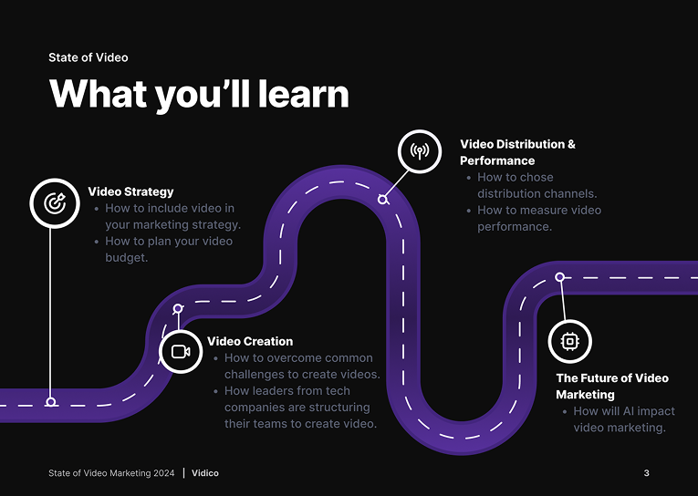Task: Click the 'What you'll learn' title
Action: (x=199, y=95)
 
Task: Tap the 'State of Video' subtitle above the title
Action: (x=89, y=57)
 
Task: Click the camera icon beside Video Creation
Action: (x=181, y=351)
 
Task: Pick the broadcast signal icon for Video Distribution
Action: (x=420, y=151)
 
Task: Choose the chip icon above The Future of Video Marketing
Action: (x=570, y=341)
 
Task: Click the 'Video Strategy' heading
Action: (x=130, y=191)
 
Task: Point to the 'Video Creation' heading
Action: (x=250, y=341)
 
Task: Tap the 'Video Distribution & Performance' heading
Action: (x=517, y=152)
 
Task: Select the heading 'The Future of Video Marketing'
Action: (x=611, y=387)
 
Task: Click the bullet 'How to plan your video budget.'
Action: (x=168, y=249)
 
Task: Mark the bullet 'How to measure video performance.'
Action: (x=538, y=218)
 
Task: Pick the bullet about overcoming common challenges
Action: (x=301, y=367)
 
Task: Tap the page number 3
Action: (x=646, y=473)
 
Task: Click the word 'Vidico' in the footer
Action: (x=205, y=473)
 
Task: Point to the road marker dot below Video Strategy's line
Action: (x=51, y=401)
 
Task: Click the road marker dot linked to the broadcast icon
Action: (x=383, y=199)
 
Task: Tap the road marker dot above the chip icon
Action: (x=559, y=277)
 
